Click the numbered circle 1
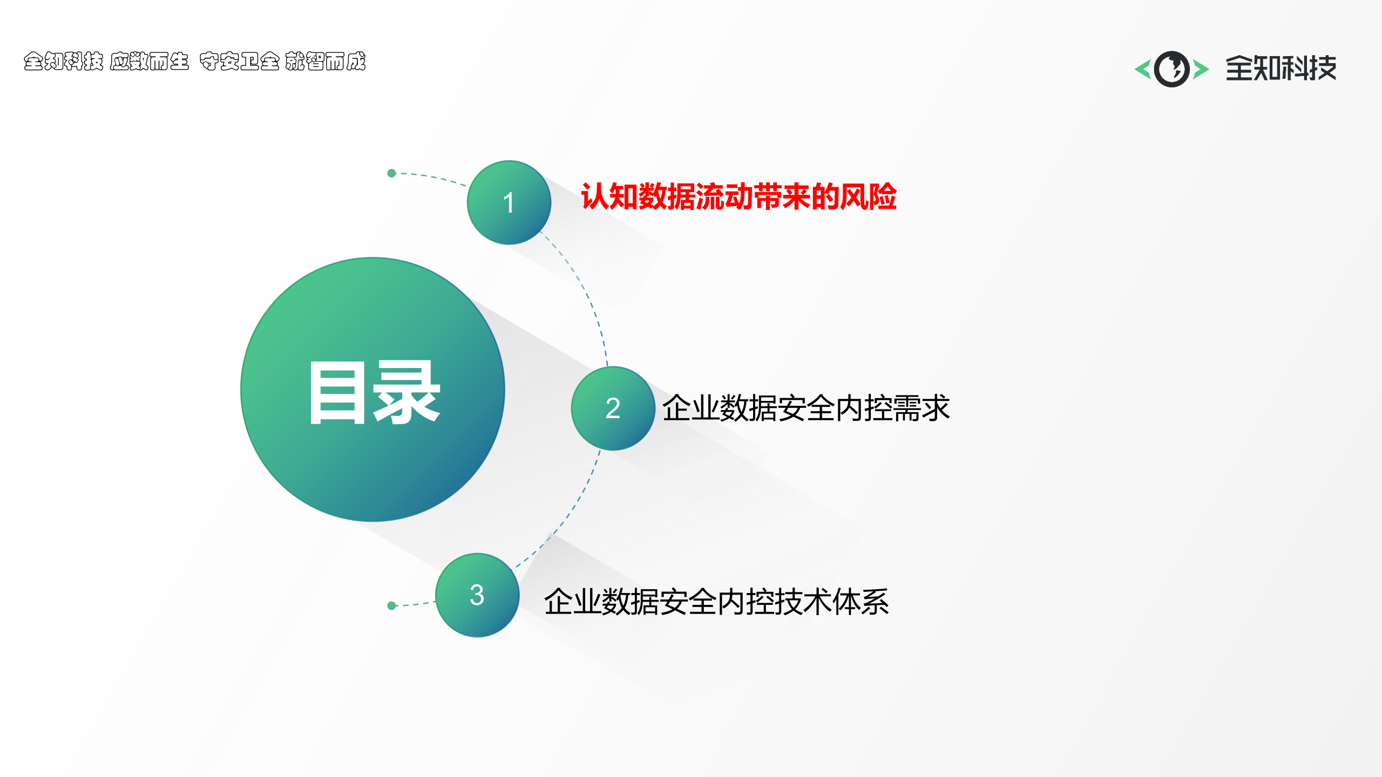tap(509, 202)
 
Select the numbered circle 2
tap(613, 408)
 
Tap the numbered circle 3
tap(477, 595)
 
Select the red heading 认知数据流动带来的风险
tap(739, 196)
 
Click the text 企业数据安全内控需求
tap(805, 408)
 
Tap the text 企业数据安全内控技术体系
tap(716, 602)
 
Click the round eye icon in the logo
tap(1171, 69)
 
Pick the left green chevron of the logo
tap(1142, 69)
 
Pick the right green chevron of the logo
tap(1201, 69)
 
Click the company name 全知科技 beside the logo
tap(1281, 69)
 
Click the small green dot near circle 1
tap(392, 173)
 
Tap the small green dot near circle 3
tap(392, 605)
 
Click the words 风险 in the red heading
tap(868, 196)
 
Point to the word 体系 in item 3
tap(861, 602)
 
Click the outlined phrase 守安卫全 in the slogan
tap(239, 62)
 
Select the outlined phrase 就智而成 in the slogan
tap(325, 62)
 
